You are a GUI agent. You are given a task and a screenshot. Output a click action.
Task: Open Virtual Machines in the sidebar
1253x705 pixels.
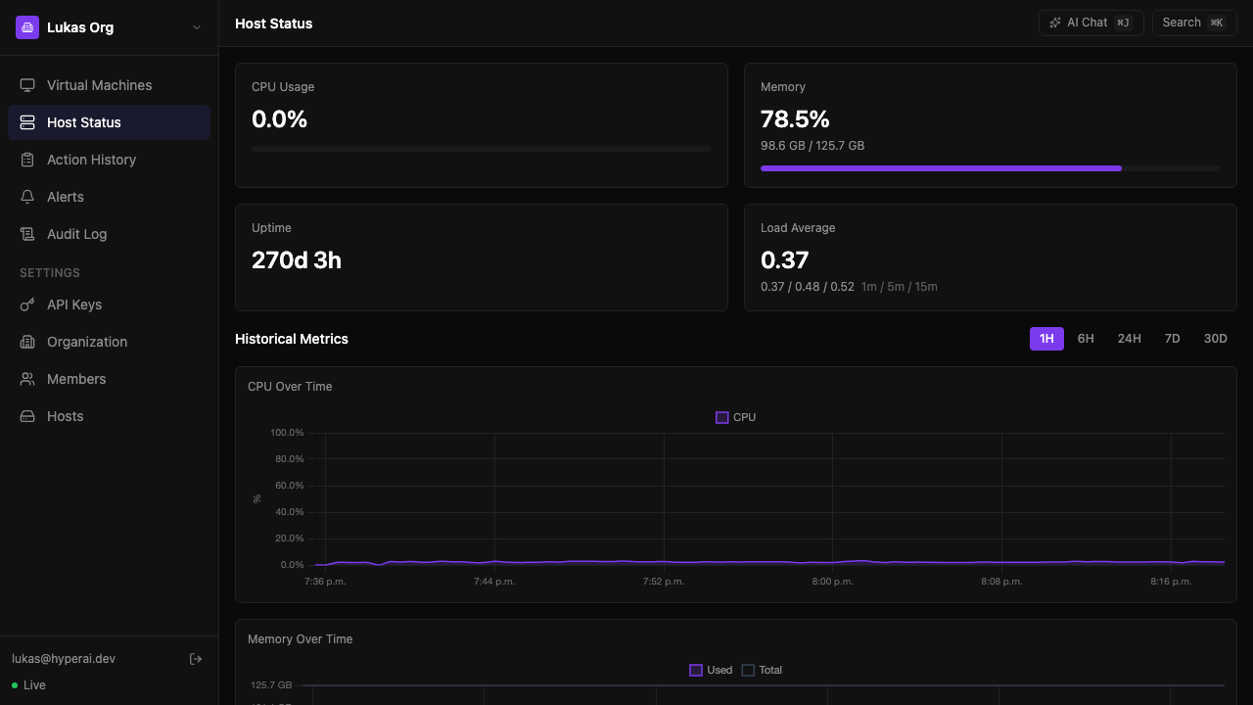pos(99,85)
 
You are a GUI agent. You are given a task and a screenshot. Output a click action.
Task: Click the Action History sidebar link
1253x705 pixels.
pos(91,160)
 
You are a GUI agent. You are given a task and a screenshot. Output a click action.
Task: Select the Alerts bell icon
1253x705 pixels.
pos(27,197)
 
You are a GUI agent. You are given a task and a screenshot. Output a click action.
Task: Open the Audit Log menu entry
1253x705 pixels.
pos(76,234)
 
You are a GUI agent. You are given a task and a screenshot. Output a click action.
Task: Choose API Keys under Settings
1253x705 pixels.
pos(74,305)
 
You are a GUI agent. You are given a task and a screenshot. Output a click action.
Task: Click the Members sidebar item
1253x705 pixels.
pos(76,379)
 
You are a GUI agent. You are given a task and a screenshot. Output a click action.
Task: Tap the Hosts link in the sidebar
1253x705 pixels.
pos(65,416)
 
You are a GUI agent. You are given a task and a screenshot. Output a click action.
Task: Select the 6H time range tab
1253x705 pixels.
pos(1086,339)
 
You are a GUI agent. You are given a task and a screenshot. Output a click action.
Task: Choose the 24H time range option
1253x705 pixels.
pos(1129,339)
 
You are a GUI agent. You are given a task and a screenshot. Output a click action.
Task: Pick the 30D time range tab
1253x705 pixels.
pos(1215,339)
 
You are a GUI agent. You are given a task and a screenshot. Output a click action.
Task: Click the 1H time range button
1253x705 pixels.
pos(1046,339)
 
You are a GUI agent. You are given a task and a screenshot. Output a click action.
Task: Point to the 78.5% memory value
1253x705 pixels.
pos(795,119)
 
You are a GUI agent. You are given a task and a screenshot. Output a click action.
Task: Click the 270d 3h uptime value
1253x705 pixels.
pos(297,260)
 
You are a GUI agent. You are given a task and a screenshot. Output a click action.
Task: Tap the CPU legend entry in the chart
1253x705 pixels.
pos(736,417)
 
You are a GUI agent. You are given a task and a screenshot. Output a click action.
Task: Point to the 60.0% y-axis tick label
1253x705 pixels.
pos(288,486)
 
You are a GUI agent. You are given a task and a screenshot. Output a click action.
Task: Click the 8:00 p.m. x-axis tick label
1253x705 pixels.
pos(832,582)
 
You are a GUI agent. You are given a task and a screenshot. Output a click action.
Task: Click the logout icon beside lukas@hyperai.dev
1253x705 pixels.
pos(196,659)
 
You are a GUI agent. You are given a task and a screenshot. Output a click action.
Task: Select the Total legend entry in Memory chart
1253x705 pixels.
pos(763,670)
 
